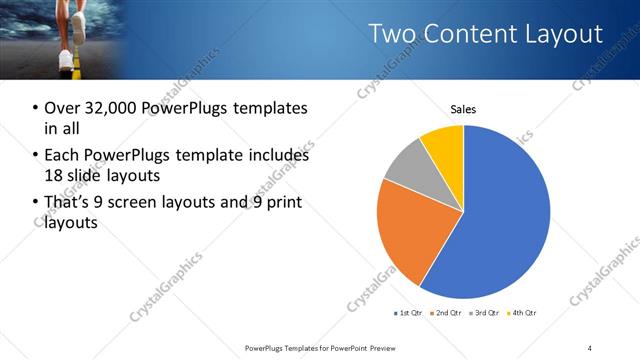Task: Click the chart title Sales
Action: click(463, 109)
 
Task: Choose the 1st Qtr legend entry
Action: click(407, 314)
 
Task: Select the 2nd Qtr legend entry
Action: click(445, 314)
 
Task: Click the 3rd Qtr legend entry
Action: click(484, 314)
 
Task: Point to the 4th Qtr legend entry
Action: click(522, 314)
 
